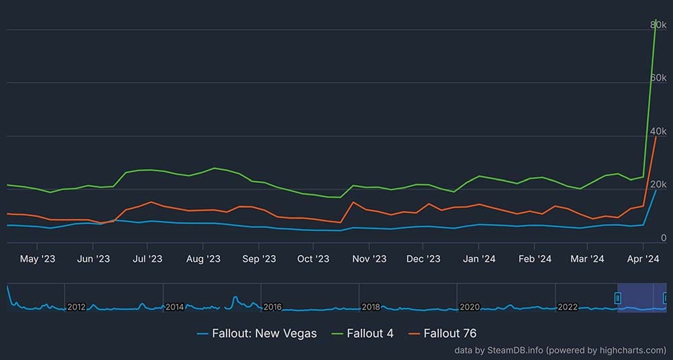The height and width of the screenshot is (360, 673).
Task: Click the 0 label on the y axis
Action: point(664,238)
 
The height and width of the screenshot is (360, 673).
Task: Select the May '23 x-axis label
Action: point(38,258)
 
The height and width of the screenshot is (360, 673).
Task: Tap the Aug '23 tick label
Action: point(203,258)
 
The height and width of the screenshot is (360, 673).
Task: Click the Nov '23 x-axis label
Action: point(369,258)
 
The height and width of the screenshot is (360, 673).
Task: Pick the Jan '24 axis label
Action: point(480,258)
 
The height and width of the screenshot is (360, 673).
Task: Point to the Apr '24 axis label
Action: point(643,258)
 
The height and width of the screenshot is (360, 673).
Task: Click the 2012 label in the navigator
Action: point(76,307)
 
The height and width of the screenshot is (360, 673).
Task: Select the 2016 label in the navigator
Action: point(273,307)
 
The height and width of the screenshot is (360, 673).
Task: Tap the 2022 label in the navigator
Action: point(567,307)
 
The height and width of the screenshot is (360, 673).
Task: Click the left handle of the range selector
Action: point(618,297)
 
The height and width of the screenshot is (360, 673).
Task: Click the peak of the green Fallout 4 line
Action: point(656,20)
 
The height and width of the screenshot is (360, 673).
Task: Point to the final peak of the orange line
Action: point(656,137)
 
